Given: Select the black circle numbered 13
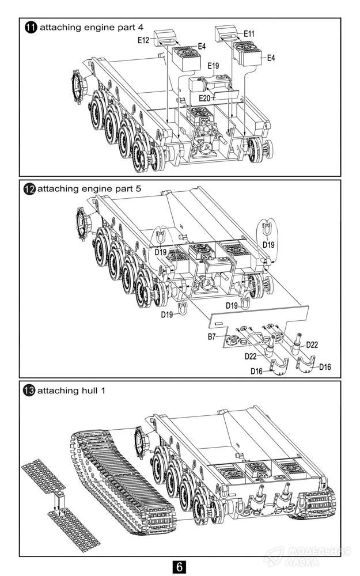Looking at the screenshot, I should click(29, 391).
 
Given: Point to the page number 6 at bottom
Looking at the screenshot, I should click(179, 567).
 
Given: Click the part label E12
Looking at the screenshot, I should click(144, 40).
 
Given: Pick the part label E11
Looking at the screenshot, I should click(249, 34).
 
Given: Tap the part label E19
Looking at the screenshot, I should click(213, 66).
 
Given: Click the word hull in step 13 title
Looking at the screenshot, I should click(89, 391).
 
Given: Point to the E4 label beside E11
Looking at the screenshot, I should click(271, 58).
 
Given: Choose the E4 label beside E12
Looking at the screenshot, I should click(201, 46).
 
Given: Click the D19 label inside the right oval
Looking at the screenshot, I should click(268, 245).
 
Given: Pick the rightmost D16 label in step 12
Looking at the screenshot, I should click(325, 367).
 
